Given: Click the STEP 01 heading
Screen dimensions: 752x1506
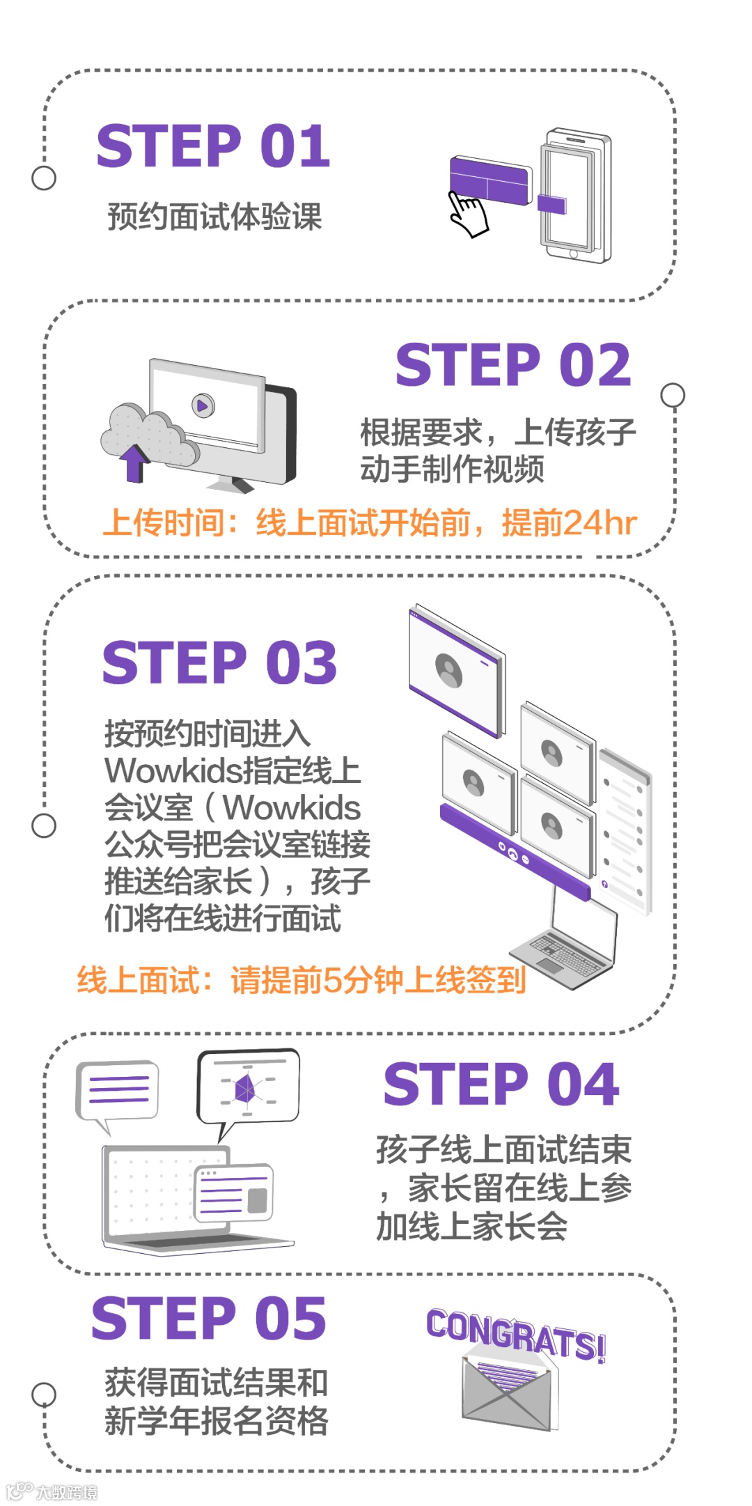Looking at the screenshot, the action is click(213, 146).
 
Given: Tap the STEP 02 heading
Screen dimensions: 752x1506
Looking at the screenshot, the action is click(514, 365).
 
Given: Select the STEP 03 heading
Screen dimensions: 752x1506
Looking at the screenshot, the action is click(220, 662).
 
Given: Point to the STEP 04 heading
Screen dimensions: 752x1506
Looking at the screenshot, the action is click(501, 1084).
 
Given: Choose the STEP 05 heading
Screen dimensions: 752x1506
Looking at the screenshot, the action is click(209, 1318).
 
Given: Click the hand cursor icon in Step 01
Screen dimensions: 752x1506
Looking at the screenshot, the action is click(468, 215).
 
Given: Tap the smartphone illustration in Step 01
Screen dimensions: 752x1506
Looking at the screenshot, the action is click(575, 195).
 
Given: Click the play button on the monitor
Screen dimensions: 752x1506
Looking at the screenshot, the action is click(203, 405).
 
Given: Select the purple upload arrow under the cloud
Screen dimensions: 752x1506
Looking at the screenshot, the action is click(133, 464).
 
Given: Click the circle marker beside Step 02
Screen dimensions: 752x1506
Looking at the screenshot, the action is click(673, 395).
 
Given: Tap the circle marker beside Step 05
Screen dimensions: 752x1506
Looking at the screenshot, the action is click(44, 1395).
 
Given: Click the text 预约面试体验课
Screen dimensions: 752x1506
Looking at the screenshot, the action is click(215, 217).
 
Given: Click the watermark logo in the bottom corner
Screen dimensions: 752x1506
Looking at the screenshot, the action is click(52, 1491).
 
